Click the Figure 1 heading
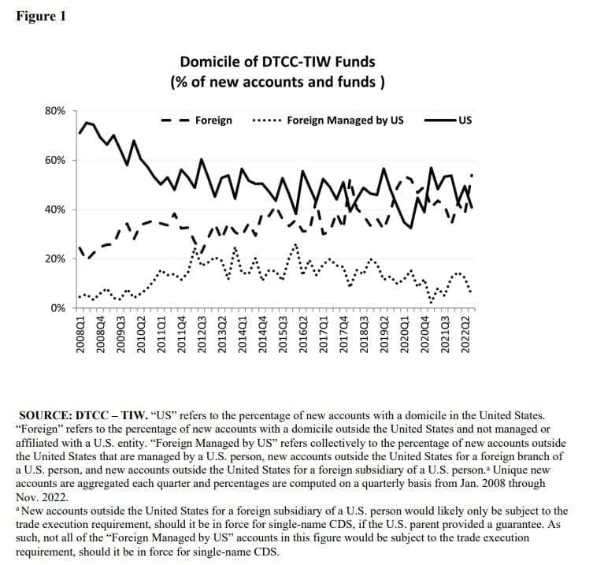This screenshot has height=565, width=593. point(41,17)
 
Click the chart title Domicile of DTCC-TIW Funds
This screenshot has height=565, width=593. point(277,61)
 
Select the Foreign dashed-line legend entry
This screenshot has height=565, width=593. point(196,121)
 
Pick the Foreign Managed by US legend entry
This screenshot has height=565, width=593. point(328,121)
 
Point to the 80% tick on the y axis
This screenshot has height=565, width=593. point(55,111)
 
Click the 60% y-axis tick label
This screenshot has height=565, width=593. point(55,161)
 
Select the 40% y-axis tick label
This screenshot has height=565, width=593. point(55,210)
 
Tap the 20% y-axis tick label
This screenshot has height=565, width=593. point(55,258)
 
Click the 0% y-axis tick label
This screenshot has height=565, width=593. point(57,308)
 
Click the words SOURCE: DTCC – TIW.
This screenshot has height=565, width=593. point(83,415)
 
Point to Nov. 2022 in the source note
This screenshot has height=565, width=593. point(42,497)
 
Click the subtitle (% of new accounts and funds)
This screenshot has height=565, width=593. point(277,82)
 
